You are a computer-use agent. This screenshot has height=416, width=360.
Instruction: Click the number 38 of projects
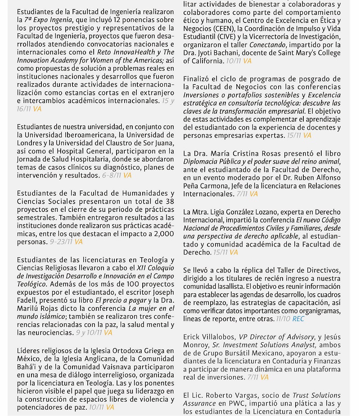[169, 201]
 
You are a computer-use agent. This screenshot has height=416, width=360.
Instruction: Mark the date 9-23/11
[62, 242]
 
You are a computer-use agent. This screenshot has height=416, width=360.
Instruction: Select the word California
[203, 61]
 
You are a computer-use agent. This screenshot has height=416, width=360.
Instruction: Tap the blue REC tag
[298, 318]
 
